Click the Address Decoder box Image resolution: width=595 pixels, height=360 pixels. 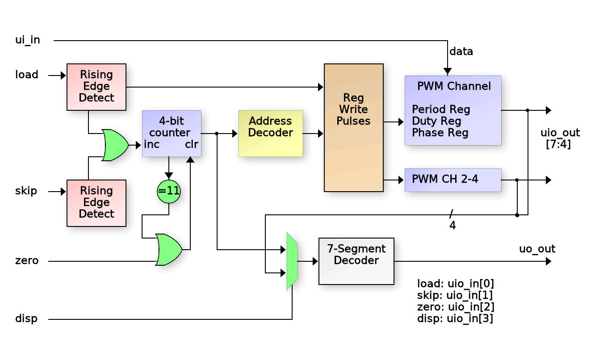coord(270,133)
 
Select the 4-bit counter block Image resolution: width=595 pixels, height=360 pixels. coord(172,133)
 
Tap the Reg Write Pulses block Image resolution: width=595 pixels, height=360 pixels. coord(353,127)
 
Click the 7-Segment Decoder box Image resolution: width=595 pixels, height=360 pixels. coord(356,261)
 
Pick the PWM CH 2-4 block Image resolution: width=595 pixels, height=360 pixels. coord(453,180)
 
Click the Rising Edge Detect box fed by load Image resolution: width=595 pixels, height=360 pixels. coord(96,87)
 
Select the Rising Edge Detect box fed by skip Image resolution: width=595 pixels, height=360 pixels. coord(96,203)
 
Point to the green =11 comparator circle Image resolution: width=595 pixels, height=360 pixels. coord(169,192)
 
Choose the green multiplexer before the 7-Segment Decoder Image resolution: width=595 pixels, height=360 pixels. coord(292,261)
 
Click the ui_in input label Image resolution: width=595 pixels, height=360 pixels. coord(28,40)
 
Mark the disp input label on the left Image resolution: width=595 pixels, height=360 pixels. coord(26,319)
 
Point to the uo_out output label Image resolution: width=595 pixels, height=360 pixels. coord(537,249)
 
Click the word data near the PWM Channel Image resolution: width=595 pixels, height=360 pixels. coord(461,52)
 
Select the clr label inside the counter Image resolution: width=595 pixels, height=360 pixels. coord(192,145)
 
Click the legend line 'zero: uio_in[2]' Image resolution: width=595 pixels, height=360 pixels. coord(455,307)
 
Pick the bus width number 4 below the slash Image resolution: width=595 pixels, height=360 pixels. coord(453,226)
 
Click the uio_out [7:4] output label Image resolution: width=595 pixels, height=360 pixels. coord(560,138)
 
